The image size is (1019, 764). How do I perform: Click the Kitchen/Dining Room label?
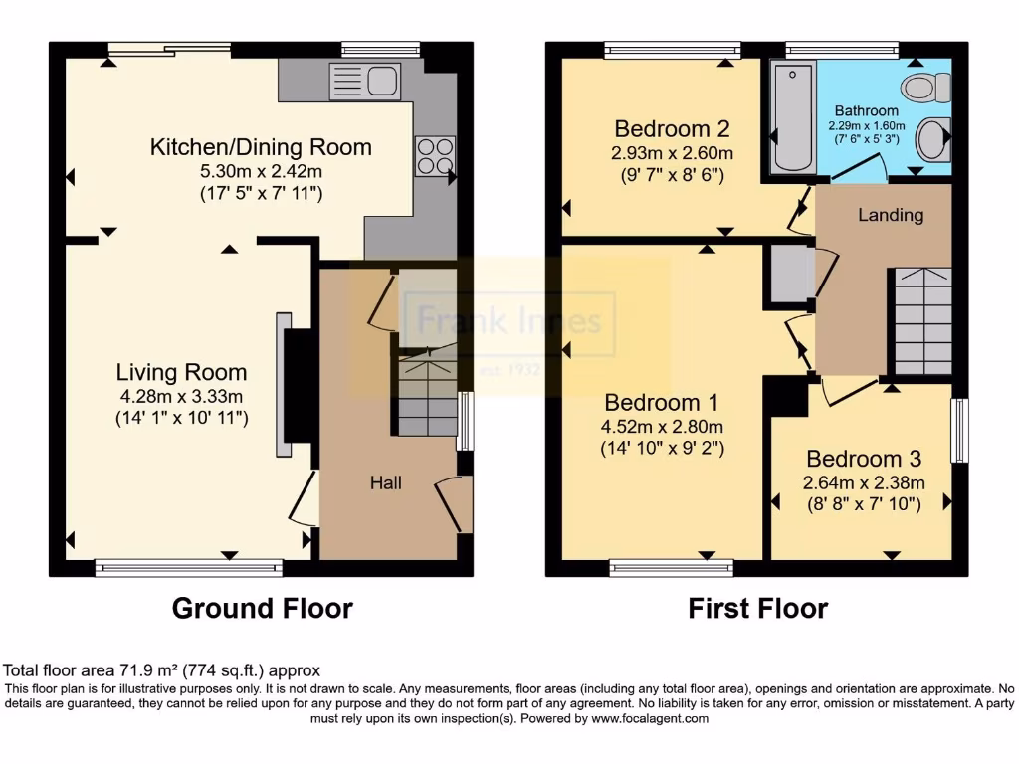[261, 148]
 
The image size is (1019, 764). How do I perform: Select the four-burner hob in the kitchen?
[434, 156]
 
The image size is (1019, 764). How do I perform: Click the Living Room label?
[181, 373]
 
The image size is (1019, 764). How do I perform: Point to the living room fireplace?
[295, 385]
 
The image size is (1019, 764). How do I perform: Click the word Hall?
[386, 482]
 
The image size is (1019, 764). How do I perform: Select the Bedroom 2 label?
[673, 129]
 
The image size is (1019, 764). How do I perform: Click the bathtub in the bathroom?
[792, 117]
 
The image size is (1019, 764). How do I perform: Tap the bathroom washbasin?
[932, 140]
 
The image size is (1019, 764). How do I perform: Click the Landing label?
[891, 215]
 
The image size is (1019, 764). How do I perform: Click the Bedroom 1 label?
[662, 403]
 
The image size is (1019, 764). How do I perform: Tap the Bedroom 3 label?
[863, 459]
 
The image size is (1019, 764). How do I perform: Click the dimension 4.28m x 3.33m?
[181, 397]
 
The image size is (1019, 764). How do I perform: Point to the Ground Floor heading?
[263, 608]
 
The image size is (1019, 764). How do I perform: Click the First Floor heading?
[757, 608]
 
